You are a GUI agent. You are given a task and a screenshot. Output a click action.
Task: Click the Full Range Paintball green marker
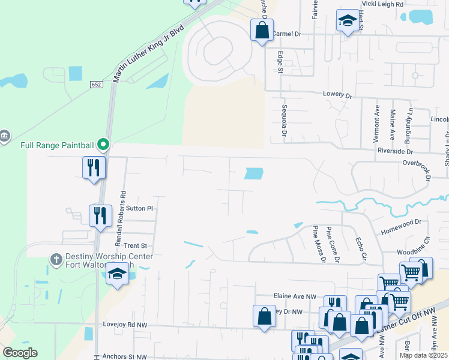[103, 145]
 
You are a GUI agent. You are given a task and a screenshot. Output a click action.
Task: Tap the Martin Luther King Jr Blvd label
[148, 54]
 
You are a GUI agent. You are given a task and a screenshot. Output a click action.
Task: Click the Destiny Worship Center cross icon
[56, 259]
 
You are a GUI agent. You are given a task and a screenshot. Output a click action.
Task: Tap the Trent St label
[135, 246]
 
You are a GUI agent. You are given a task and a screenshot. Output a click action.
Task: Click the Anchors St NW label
[124, 356]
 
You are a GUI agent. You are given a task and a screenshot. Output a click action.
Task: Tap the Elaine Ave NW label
[294, 296]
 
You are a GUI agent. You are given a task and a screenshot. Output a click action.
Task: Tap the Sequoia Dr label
[285, 120]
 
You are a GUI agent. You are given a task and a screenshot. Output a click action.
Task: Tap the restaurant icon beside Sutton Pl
[100, 215]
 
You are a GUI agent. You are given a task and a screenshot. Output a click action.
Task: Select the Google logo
[20, 353]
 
